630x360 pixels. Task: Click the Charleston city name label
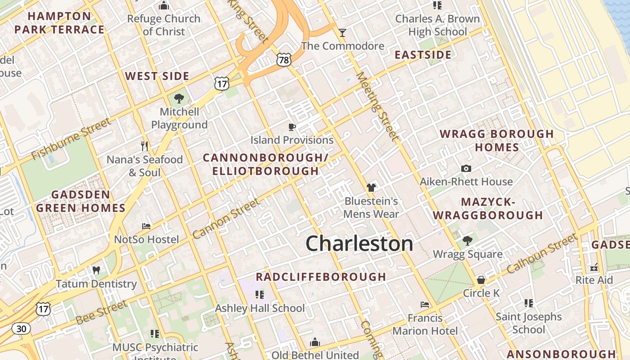[x=359, y=243]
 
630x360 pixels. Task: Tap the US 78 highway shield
[x=284, y=59]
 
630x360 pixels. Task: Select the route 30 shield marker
[x=21, y=328]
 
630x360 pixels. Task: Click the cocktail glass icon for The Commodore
[x=342, y=33]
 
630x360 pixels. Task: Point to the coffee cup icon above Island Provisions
[x=292, y=127]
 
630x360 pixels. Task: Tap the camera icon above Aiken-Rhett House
[x=466, y=169]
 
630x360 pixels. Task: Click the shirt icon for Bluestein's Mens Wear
[x=371, y=188]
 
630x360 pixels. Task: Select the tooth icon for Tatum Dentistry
[x=96, y=270]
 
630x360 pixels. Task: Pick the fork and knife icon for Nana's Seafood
[x=144, y=146]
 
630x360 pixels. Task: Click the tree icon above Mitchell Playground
[x=179, y=98]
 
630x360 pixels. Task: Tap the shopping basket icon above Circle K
[x=481, y=280]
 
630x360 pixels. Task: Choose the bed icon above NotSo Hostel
[x=146, y=226]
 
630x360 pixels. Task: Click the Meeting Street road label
[x=377, y=106]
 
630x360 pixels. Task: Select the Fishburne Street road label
[x=71, y=139]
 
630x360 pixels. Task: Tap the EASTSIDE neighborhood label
[x=423, y=55]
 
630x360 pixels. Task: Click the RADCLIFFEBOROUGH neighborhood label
[x=321, y=277]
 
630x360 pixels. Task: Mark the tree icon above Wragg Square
[x=468, y=241]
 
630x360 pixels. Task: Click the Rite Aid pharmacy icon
[x=594, y=267]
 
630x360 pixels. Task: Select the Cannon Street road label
[x=226, y=218]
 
